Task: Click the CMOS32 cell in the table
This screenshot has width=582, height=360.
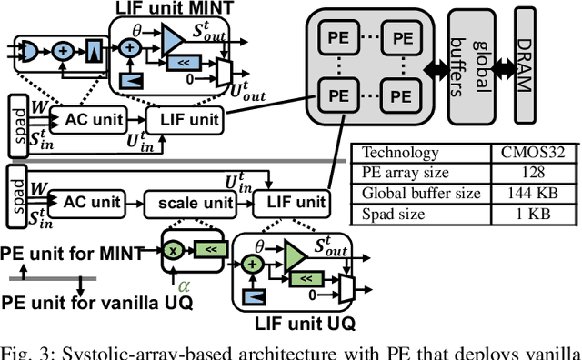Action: [527, 154]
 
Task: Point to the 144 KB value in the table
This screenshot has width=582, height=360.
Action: [526, 193]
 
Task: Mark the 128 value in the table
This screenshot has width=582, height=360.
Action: [526, 173]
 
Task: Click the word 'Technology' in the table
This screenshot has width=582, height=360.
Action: [399, 154]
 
